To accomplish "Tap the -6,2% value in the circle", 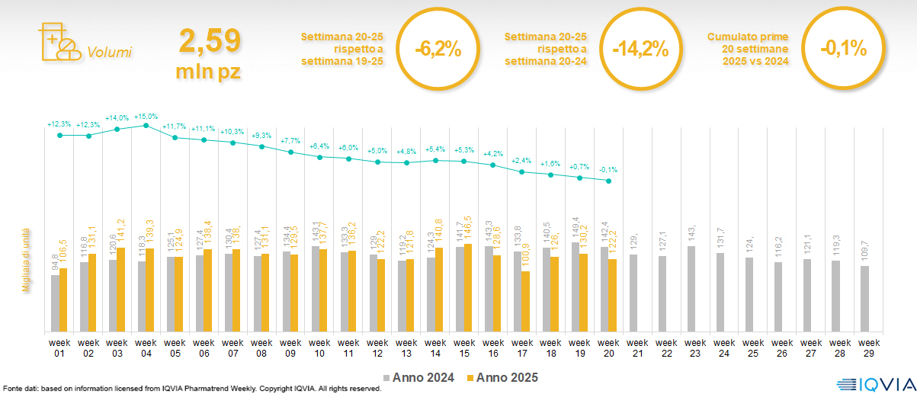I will pyautogui.click(x=438, y=50).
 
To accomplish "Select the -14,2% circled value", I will pyautogui.click(x=640, y=50).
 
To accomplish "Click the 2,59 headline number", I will pyautogui.click(x=210, y=41).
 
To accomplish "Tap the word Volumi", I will pyautogui.click(x=109, y=53).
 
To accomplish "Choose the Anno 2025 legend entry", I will pyautogui.click(x=502, y=377).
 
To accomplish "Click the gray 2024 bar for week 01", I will pyautogui.click(x=55, y=303).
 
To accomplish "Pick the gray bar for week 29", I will pyautogui.click(x=864, y=299).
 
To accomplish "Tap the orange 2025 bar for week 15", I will pyautogui.click(x=469, y=288).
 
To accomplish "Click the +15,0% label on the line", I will pyautogui.click(x=146, y=117).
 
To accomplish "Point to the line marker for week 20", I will pyautogui.click(x=608, y=181).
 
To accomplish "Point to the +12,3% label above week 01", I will pyautogui.click(x=59, y=124).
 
